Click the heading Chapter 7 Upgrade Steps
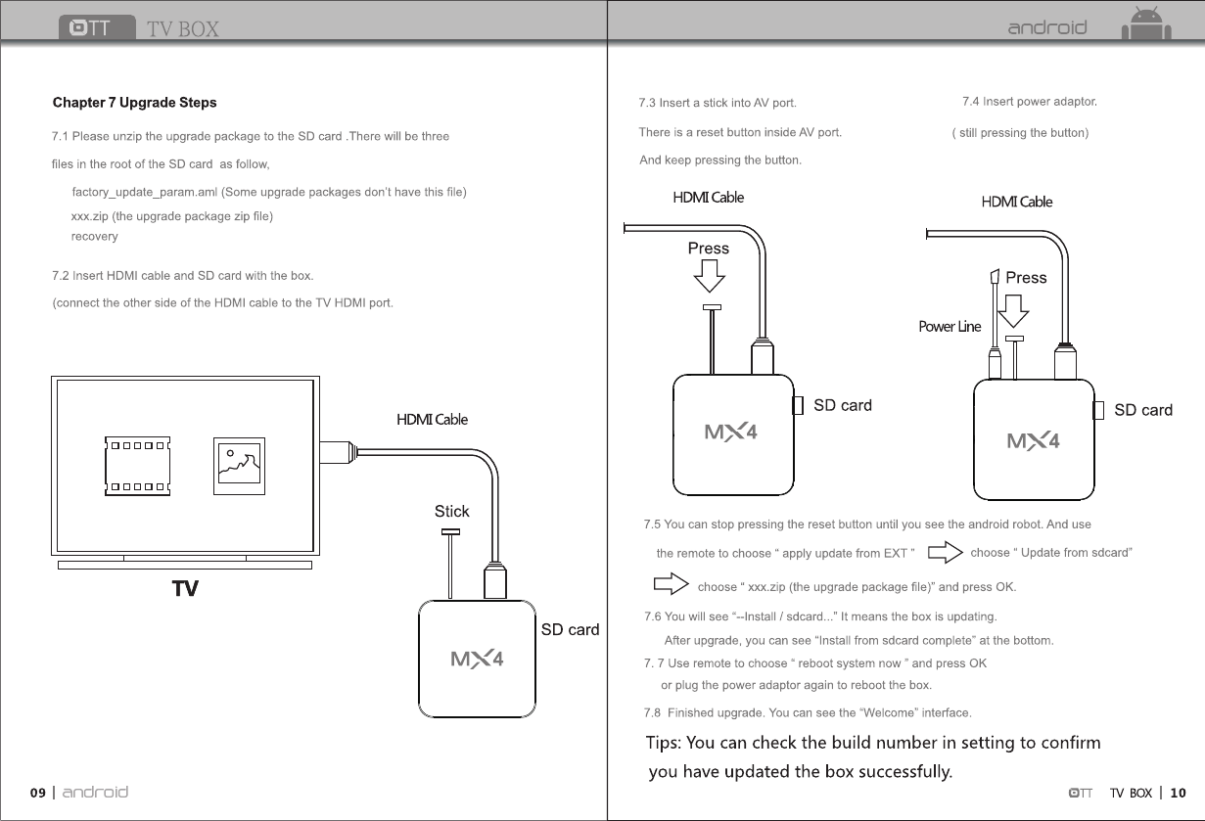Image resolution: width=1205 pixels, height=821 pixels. click(134, 103)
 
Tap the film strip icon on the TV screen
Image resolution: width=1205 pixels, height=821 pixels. click(137, 466)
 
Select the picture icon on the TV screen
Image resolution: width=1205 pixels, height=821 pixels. click(239, 466)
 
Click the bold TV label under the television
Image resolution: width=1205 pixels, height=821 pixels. click(185, 589)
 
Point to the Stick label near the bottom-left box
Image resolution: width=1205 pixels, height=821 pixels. click(451, 511)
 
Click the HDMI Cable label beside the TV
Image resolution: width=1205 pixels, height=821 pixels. click(432, 420)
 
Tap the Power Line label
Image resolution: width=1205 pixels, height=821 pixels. click(949, 327)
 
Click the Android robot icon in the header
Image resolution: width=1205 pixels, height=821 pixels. click(1145, 25)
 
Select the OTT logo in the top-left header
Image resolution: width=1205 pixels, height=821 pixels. click(96, 27)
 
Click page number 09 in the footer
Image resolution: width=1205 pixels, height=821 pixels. click(37, 793)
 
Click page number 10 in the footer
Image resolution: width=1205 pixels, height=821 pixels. click(1178, 793)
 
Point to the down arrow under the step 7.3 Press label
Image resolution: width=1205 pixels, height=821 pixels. click(709, 279)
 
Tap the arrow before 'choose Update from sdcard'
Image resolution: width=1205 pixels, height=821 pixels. click(944, 554)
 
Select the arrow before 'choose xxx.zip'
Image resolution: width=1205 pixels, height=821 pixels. click(671, 586)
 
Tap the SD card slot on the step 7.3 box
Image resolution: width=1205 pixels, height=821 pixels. click(798, 405)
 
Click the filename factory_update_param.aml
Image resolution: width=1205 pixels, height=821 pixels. click(145, 192)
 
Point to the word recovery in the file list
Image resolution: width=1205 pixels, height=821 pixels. click(94, 237)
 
